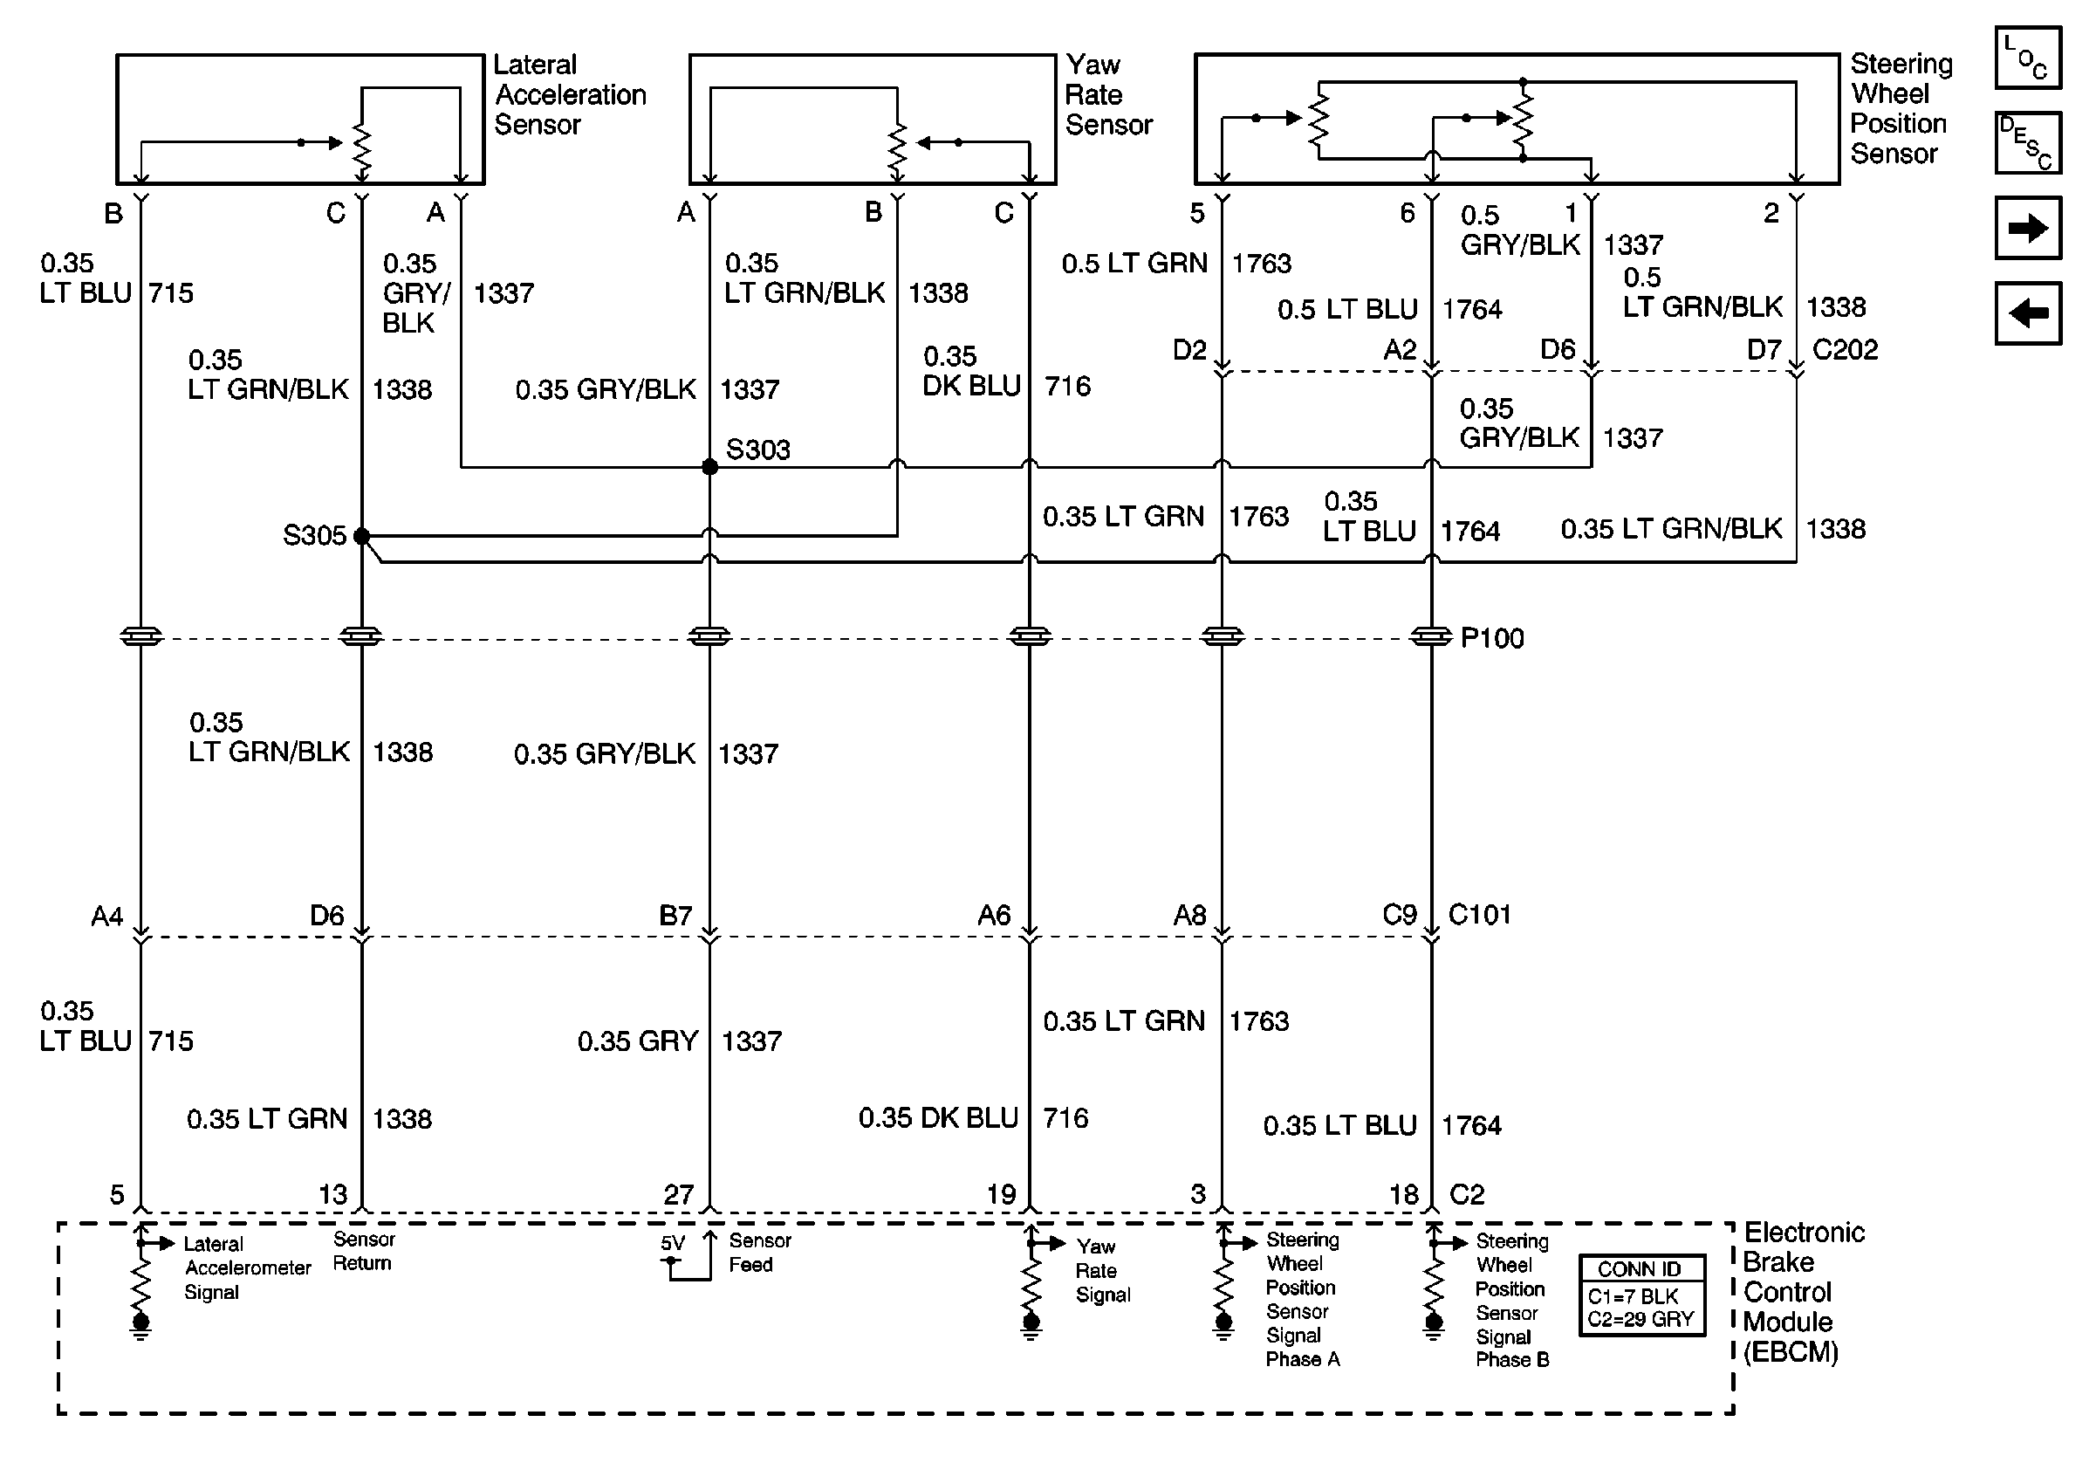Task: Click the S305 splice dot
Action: (x=361, y=536)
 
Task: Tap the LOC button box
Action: (x=2028, y=58)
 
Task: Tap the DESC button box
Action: (x=2028, y=142)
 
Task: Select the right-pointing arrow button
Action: (x=2028, y=228)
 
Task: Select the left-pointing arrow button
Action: (x=2028, y=314)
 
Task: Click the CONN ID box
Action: (x=1641, y=1295)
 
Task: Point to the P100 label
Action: (x=1491, y=638)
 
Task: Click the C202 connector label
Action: (x=1844, y=350)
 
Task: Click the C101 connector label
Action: (x=1479, y=914)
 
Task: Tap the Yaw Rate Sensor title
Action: (x=1108, y=95)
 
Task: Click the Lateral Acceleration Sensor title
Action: (x=570, y=95)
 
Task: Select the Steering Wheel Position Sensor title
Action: (x=1901, y=108)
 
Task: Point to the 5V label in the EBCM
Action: (x=672, y=1244)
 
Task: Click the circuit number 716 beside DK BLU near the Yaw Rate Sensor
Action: (x=1067, y=386)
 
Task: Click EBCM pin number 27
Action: (x=678, y=1194)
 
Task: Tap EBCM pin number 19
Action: (x=1001, y=1194)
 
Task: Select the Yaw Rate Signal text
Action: (x=1102, y=1270)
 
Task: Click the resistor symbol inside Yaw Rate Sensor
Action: (x=897, y=151)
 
